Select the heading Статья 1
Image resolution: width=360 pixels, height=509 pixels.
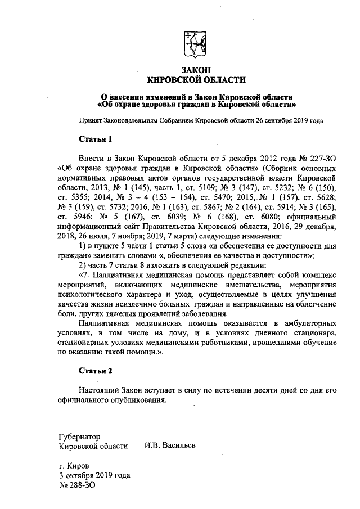point(96,138)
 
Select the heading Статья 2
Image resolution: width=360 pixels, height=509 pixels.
point(96,371)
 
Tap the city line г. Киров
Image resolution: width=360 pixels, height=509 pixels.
point(74,466)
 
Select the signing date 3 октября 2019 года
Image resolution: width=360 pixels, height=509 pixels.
point(94,475)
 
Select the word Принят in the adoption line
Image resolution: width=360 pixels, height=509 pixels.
point(91,120)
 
